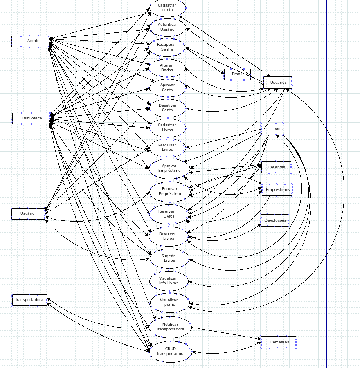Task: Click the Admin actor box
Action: pyautogui.click(x=30, y=41)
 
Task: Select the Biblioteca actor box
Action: pyautogui.click(x=31, y=118)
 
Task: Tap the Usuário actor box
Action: pyautogui.click(x=28, y=213)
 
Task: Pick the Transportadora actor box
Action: pyautogui.click(x=29, y=300)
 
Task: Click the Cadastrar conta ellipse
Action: pyautogui.click(x=168, y=8)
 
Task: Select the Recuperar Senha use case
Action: pyautogui.click(x=167, y=47)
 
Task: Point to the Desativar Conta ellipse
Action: pyautogui.click(x=167, y=108)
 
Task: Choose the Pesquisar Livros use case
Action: pyautogui.click(x=167, y=147)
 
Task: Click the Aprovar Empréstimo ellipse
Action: pyautogui.click(x=169, y=168)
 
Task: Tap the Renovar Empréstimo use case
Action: pyautogui.click(x=169, y=191)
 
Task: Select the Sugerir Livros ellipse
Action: pyautogui.click(x=169, y=258)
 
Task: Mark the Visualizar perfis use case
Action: pyautogui.click(x=169, y=303)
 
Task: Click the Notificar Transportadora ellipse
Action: pyautogui.click(x=170, y=327)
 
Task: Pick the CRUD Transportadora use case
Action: pyautogui.click(x=170, y=351)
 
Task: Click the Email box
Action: pyautogui.click(x=237, y=74)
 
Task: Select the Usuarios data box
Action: pyautogui.click(x=278, y=83)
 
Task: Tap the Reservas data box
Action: pyautogui.click(x=277, y=167)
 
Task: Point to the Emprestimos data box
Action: pyautogui.click(x=277, y=190)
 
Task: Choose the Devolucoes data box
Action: pyautogui.click(x=275, y=220)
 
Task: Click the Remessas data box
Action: pyautogui.click(x=279, y=342)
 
